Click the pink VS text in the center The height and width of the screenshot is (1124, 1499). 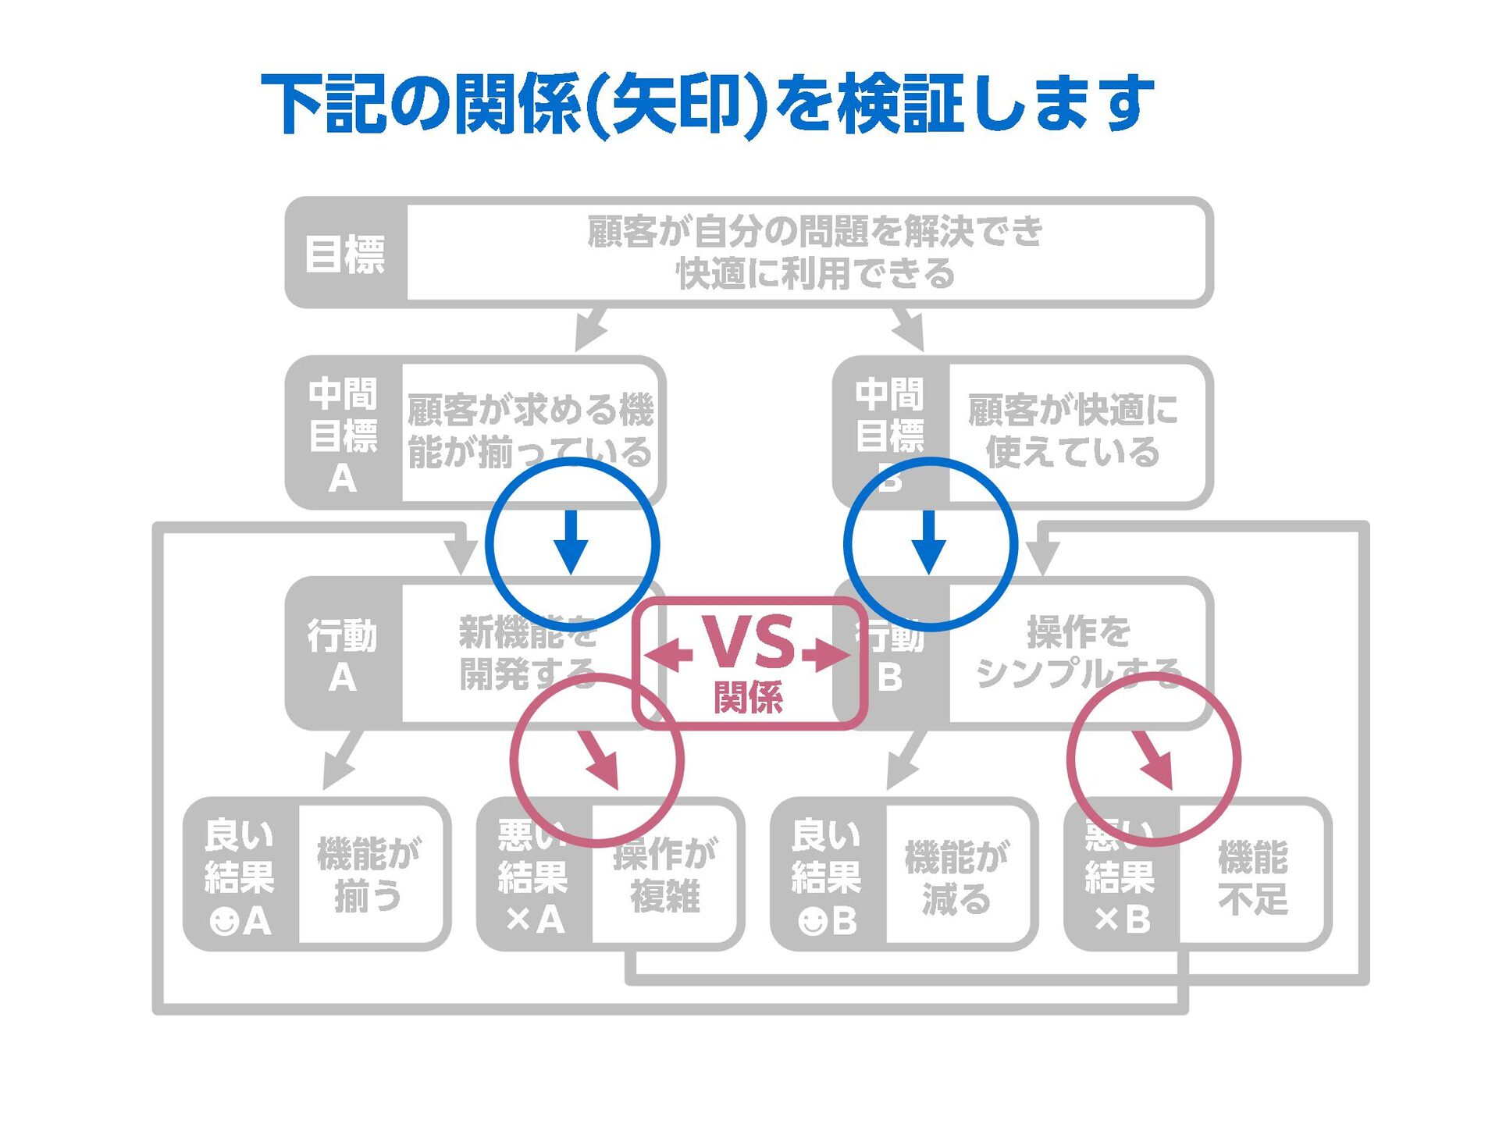(749, 642)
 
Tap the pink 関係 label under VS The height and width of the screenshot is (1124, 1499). (748, 697)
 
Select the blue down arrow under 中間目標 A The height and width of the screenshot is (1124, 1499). (571, 542)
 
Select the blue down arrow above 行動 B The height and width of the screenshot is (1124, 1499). (929, 542)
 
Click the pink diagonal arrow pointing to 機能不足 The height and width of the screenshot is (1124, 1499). (1154, 759)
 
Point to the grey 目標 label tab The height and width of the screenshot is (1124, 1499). (345, 254)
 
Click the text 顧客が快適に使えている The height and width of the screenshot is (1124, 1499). (1073, 431)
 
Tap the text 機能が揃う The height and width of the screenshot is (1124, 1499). (368, 874)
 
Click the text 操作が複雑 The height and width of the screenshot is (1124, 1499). (665, 874)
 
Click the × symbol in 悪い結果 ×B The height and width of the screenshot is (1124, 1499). (1106, 921)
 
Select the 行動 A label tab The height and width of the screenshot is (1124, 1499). (343, 654)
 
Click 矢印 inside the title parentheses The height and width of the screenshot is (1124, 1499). (676, 102)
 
